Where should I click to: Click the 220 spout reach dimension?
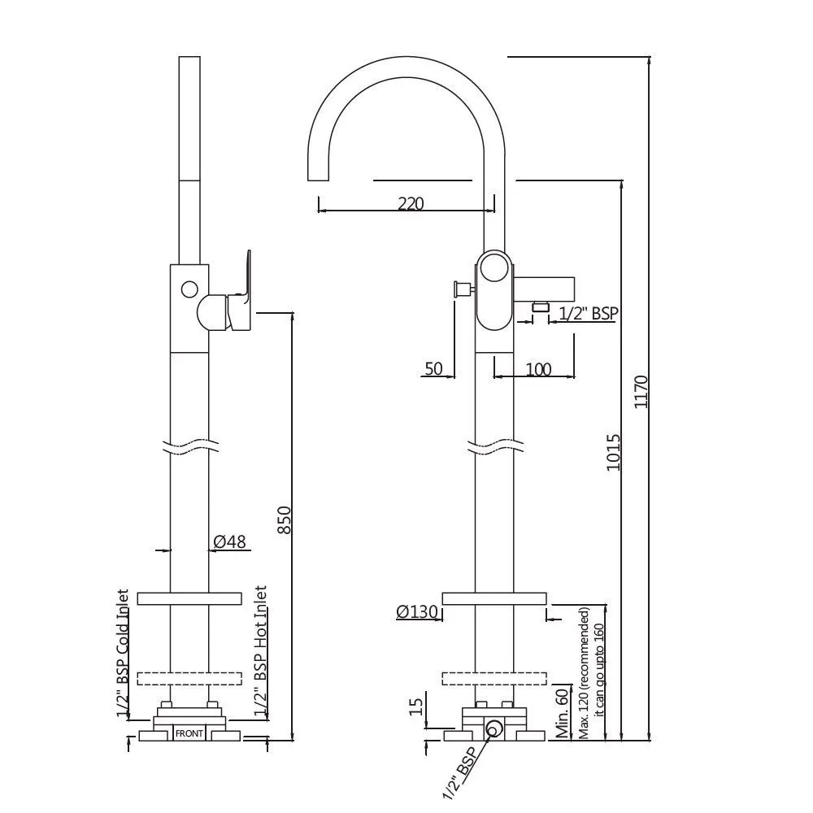411,203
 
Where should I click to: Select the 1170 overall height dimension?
641,392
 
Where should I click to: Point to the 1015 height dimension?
614,452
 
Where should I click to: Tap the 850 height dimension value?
285,520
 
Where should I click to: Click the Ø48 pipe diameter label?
230,541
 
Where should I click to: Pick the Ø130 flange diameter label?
417,612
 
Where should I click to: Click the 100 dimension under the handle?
539,369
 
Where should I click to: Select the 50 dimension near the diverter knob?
433,368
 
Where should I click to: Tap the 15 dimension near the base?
416,706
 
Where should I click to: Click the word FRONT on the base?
189,733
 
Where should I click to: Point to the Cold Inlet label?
123,616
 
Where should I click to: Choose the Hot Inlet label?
260,613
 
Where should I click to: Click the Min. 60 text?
563,714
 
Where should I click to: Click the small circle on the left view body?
189,289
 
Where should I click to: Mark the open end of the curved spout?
319,180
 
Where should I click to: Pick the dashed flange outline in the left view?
189,679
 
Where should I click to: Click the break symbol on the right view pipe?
494,446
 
